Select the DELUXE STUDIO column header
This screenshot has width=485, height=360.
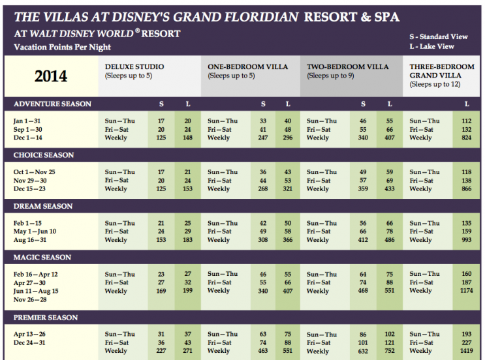134,67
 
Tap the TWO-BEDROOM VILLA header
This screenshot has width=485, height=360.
347,67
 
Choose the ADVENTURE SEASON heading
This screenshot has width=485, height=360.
52,104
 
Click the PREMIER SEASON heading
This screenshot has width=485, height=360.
46,318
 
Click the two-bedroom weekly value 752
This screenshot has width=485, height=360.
389,351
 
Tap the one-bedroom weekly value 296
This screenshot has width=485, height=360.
287,138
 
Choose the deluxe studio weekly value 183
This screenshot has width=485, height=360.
187,239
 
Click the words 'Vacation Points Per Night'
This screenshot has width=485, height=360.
62,47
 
